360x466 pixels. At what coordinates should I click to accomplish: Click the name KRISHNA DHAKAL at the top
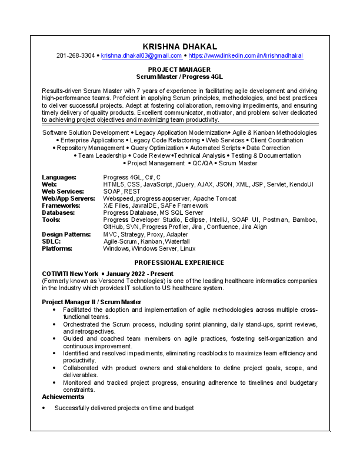click(x=179, y=46)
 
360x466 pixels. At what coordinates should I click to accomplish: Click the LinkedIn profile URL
click(x=245, y=56)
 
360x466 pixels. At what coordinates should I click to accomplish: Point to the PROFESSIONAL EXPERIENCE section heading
click(x=179, y=262)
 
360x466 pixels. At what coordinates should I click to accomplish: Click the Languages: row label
click(x=59, y=177)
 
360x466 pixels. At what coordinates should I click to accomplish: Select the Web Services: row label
click(x=64, y=192)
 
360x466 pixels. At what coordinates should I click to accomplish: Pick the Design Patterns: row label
click(x=66, y=234)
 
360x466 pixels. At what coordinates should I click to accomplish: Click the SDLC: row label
click(x=52, y=241)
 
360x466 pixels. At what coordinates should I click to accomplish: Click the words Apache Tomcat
click(x=215, y=199)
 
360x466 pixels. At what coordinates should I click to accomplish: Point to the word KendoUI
click(x=302, y=185)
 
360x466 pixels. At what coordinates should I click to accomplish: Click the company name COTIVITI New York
click(x=69, y=274)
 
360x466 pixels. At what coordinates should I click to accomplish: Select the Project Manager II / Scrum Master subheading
click(x=91, y=302)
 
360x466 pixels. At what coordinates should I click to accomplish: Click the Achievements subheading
click(x=65, y=397)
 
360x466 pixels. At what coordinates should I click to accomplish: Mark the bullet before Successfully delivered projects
click(x=44, y=408)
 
